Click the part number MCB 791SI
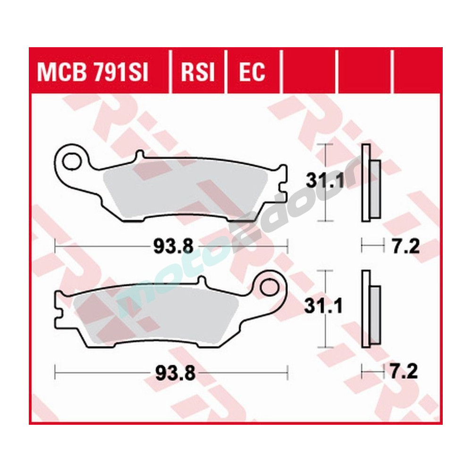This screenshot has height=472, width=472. (x=93, y=72)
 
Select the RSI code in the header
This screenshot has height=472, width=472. (x=198, y=72)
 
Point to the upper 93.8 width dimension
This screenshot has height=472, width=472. (x=167, y=246)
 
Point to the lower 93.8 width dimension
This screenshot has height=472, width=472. (x=168, y=373)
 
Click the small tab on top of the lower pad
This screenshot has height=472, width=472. (x=202, y=281)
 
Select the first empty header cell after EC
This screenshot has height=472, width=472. (x=308, y=72)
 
